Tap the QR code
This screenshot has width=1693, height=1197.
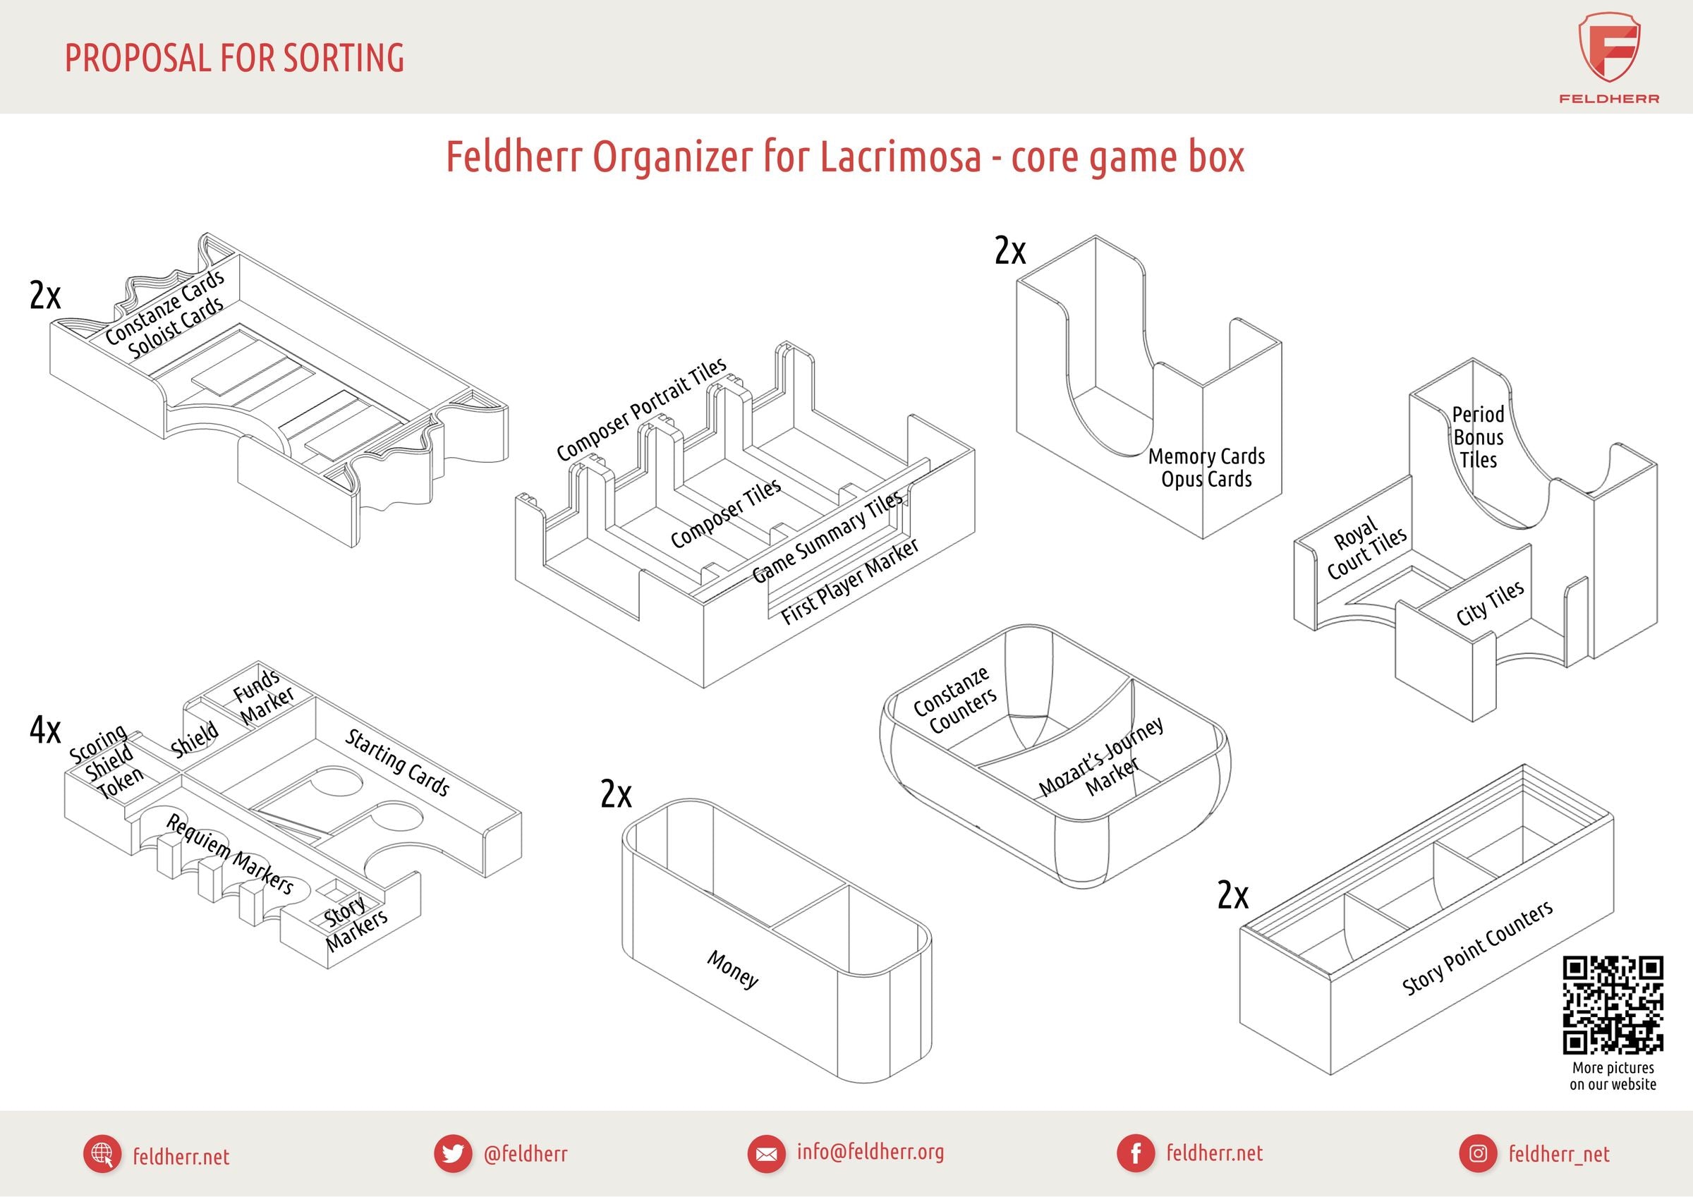1613,1004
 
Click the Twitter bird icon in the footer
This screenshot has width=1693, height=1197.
452,1153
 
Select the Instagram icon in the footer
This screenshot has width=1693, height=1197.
1478,1153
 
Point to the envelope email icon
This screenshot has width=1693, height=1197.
766,1153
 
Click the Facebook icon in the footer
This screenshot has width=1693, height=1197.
1136,1153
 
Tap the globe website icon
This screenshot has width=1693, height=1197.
102,1153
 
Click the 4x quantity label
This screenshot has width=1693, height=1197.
45,730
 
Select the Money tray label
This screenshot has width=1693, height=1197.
732,969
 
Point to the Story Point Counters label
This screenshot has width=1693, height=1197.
1477,948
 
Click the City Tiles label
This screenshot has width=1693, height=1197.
1489,603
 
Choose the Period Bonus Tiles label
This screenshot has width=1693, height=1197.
1478,437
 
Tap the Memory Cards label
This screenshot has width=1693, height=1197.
1206,456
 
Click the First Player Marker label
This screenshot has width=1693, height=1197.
850,581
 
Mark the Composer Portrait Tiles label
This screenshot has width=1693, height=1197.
641,409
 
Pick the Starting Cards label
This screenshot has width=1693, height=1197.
397,762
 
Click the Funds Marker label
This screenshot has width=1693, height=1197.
263,695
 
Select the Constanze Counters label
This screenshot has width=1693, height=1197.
955,701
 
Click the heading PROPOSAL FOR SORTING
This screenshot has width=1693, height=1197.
234,59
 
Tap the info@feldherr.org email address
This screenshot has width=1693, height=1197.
870,1152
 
